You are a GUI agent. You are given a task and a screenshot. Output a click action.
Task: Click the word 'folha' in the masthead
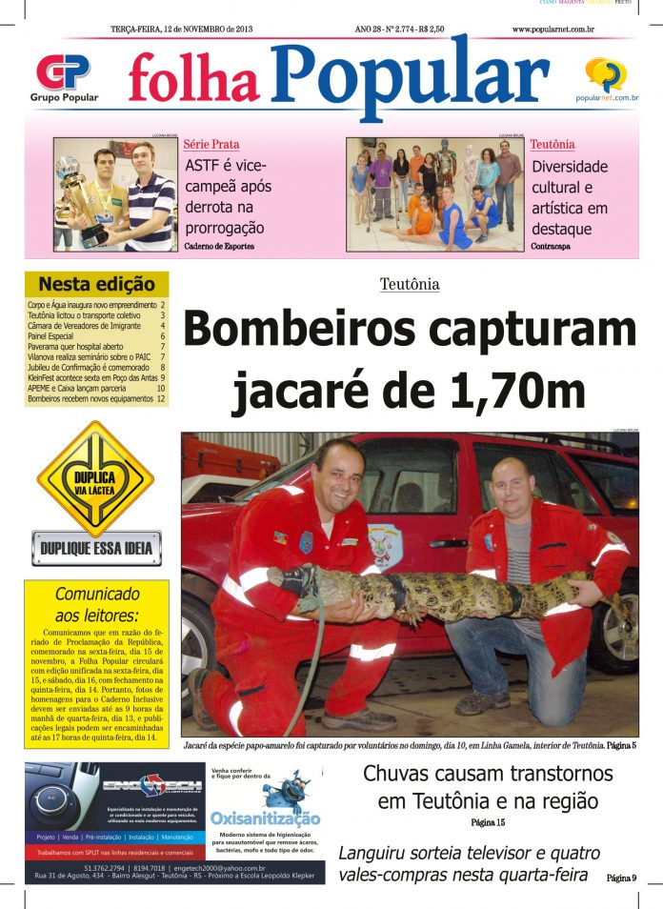pos(193,79)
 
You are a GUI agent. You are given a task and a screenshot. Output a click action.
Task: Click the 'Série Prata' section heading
pos(211,145)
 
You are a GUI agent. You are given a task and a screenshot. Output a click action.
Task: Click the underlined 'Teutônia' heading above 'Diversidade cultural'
pos(552,145)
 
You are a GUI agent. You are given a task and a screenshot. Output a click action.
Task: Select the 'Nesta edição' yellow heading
pos(96,283)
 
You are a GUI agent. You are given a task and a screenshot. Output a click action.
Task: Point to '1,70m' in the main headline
pos(520,391)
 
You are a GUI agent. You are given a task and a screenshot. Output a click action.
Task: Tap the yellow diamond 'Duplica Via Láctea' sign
pos(95,479)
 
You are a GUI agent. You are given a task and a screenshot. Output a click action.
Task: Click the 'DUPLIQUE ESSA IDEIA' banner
pos(96,548)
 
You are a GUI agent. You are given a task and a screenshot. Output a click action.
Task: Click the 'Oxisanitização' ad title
pos(265,818)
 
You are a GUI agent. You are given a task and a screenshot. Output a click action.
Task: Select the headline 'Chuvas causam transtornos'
pos(488,774)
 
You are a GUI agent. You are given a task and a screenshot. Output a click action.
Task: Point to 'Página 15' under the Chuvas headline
pos(488,821)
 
